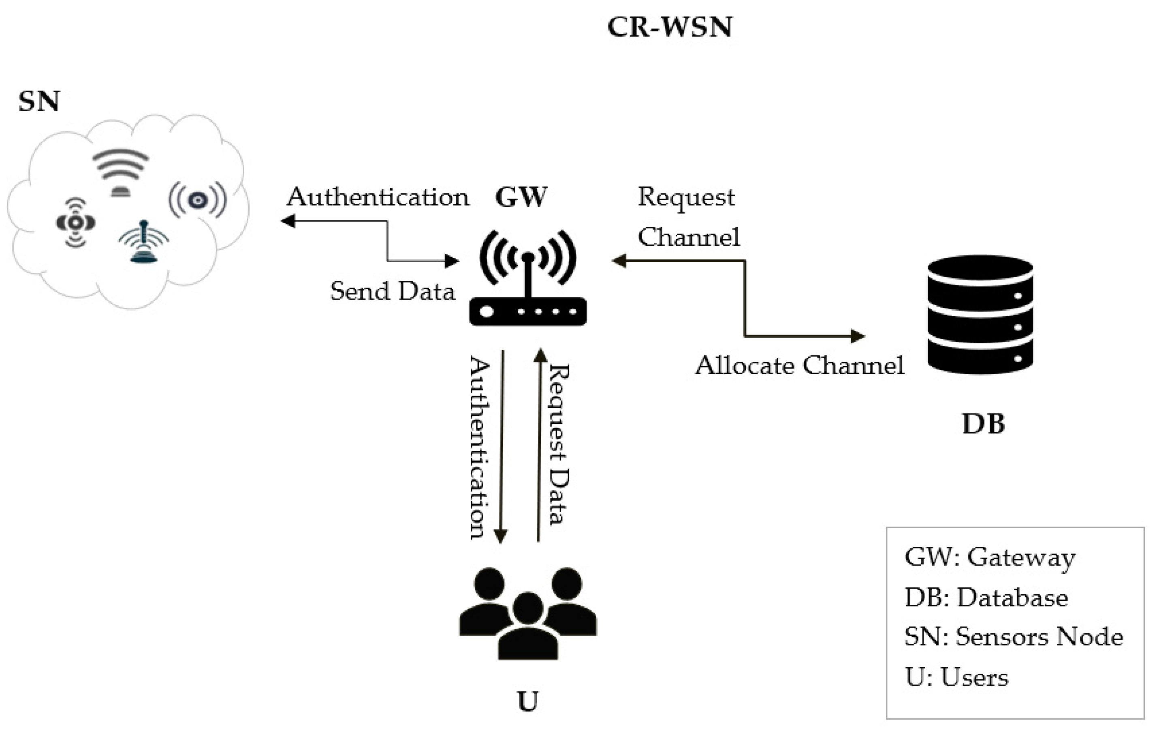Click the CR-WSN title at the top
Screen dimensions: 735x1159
click(x=670, y=27)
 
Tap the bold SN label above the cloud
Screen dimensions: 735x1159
click(x=39, y=102)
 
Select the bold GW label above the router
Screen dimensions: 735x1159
click(x=521, y=197)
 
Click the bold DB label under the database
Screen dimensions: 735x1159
click(x=983, y=424)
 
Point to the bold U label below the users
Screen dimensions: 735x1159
click(x=527, y=701)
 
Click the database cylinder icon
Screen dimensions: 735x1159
click(x=980, y=315)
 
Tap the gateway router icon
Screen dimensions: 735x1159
click(x=527, y=279)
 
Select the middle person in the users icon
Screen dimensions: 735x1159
click(x=527, y=626)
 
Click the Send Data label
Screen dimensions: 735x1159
click(x=392, y=291)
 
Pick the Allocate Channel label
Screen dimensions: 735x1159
click(x=799, y=366)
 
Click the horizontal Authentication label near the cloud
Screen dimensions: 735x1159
click(x=378, y=197)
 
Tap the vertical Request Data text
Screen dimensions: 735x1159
click(x=559, y=444)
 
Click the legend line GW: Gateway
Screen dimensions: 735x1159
click(x=990, y=558)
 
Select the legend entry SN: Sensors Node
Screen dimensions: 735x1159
click(x=1014, y=637)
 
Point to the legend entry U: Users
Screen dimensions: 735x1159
click(x=956, y=677)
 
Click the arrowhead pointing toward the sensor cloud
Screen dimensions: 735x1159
click(x=288, y=221)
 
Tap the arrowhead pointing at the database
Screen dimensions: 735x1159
click(x=858, y=336)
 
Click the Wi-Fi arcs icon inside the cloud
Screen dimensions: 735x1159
click(x=120, y=171)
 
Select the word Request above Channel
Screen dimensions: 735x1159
click(x=686, y=197)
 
